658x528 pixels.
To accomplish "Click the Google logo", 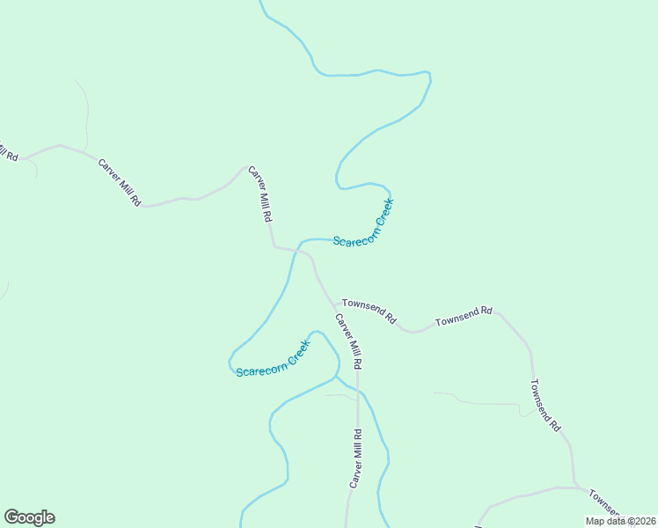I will [x=29, y=517].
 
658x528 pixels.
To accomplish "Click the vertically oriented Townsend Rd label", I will [x=545, y=405].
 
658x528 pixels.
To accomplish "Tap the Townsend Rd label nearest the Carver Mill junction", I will [x=369, y=310].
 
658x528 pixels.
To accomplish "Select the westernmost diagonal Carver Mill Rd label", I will [x=120, y=182].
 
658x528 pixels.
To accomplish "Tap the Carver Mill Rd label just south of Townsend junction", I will [x=347, y=341].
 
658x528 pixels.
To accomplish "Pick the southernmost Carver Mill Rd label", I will [x=355, y=458].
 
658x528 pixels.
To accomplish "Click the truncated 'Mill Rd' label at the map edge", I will [x=8, y=152].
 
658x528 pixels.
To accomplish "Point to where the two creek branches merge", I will [x=335, y=378].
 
